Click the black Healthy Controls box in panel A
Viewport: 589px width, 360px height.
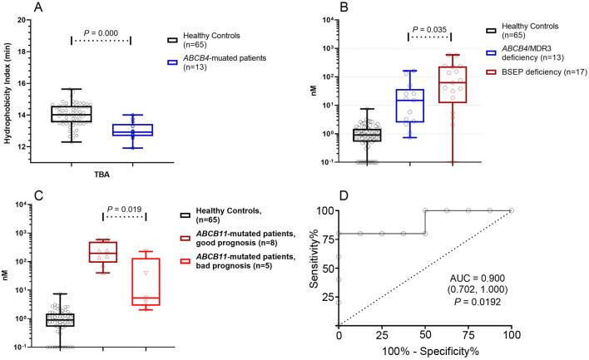pyautogui.click(x=71, y=114)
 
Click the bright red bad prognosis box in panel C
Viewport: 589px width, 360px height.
pyautogui.click(x=146, y=281)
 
